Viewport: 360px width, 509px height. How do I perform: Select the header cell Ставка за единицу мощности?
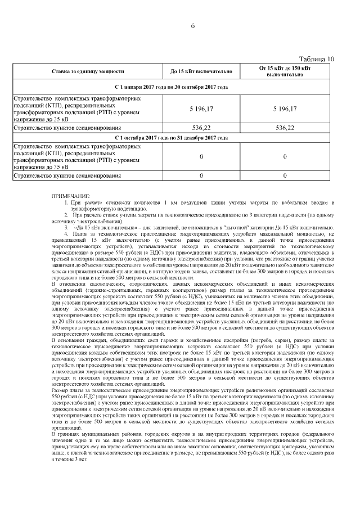click(x=87, y=72)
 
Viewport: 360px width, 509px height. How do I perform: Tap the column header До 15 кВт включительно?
click(x=201, y=72)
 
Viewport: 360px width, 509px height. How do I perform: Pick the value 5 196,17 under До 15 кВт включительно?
click(x=201, y=109)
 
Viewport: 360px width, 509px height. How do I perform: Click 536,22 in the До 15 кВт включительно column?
click(x=201, y=128)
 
